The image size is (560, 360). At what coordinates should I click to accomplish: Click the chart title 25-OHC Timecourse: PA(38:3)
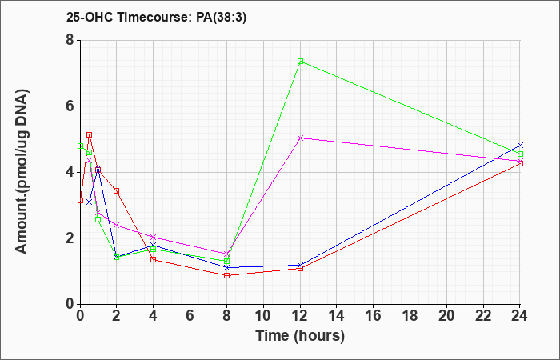[x=156, y=18]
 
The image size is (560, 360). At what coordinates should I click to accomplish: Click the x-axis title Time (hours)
[x=300, y=336]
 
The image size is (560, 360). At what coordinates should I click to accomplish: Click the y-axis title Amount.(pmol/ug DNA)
[x=22, y=172]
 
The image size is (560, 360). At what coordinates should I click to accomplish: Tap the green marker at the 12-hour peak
[x=300, y=62]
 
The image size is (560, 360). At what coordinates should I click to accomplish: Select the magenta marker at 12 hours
[x=300, y=138]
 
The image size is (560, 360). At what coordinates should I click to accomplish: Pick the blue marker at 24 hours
[x=520, y=145]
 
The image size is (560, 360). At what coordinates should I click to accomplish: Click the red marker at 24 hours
[x=520, y=163]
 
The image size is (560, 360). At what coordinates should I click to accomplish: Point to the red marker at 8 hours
[x=226, y=275]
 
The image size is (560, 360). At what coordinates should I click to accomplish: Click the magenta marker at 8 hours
[x=226, y=254]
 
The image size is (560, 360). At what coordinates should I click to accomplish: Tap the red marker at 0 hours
[x=80, y=200]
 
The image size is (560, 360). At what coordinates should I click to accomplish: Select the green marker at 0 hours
[x=80, y=146]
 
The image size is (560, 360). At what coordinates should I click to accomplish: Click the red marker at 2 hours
[x=117, y=190]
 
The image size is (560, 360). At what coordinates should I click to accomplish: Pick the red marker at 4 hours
[x=154, y=260]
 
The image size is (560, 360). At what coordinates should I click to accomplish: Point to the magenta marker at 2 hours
[x=117, y=226]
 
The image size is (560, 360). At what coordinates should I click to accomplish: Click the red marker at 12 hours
[x=300, y=268]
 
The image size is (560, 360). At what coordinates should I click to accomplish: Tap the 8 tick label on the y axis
[x=70, y=40]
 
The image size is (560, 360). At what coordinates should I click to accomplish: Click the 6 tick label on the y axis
[x=70, y=106]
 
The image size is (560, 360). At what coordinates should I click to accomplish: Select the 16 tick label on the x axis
[x=374, y=316]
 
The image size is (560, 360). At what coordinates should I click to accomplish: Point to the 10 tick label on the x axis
[x=263, y=316]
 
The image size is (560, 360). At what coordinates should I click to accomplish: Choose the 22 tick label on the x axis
[x=483, y=316]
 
